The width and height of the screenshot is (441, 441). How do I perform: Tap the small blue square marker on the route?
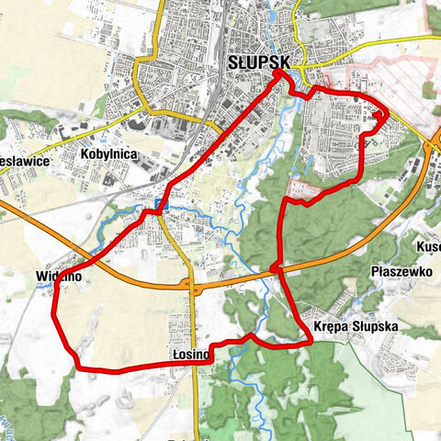click(x=161, y=204)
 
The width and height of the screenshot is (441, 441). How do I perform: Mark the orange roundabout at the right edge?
click(x=437, y=140)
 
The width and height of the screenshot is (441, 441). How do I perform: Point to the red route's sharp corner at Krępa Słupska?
click(x=312, y=343)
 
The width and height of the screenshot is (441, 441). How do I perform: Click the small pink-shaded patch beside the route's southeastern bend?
click(x=310, y=196)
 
